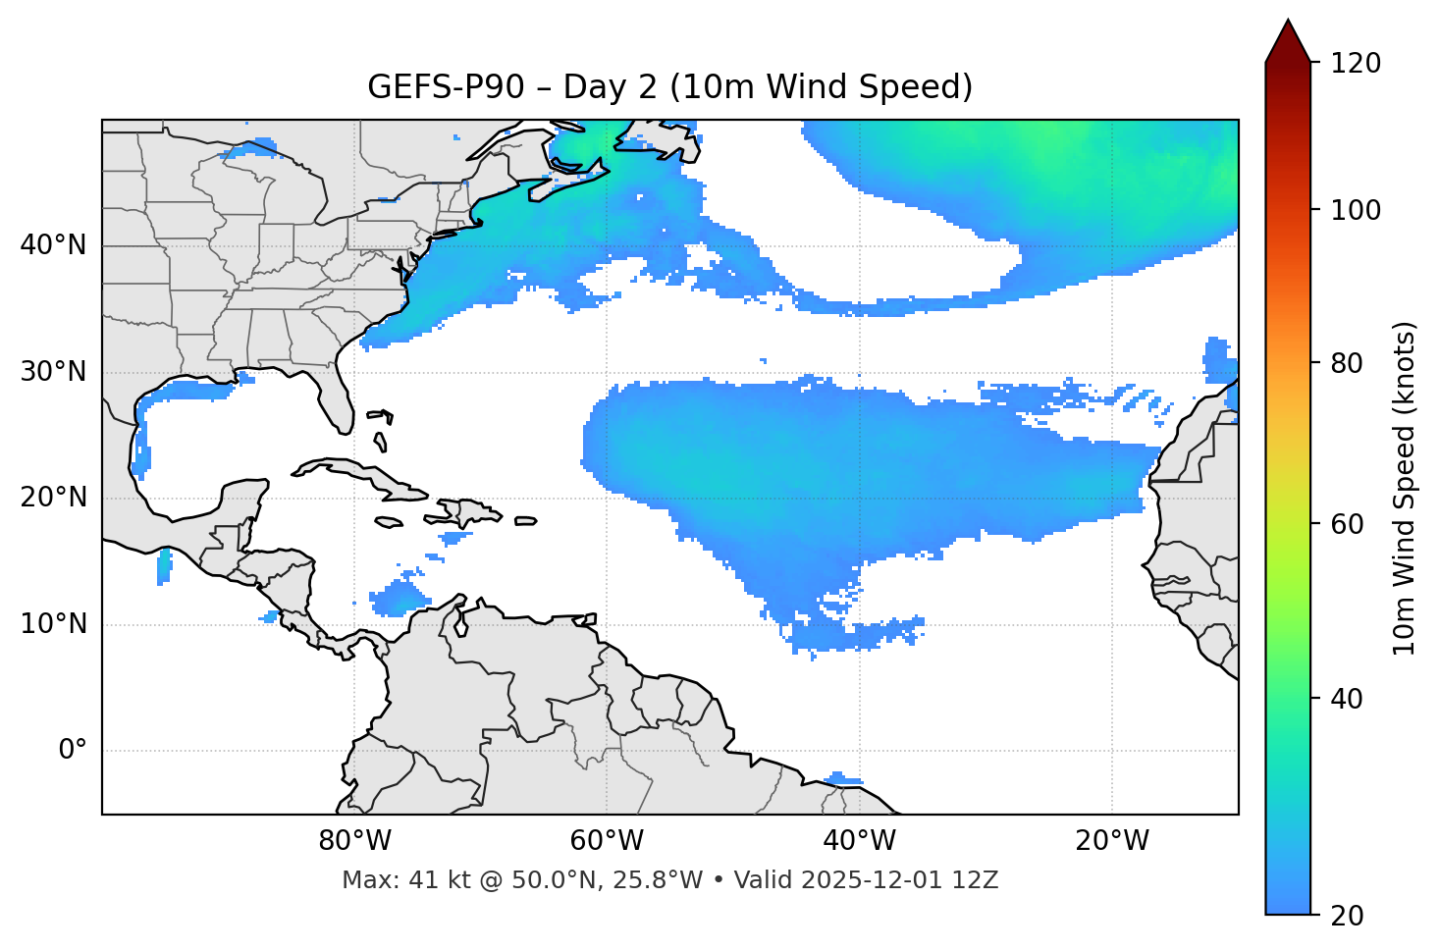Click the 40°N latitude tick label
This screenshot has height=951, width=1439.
coord(53,245)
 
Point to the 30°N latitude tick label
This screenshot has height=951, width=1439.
coord(53,372)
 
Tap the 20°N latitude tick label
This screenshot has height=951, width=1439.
coord(53,498)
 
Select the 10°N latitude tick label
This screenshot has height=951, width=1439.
coord(53,624)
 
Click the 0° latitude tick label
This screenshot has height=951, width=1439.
coord(72,751)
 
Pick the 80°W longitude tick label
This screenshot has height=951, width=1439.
coord(354,841)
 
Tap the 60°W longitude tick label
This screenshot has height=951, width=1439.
coord(607,841)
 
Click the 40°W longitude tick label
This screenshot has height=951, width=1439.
coord(859,841)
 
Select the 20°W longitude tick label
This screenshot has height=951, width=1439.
coord(1111,841)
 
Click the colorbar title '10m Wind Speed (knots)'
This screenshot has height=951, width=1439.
coord(1405,488)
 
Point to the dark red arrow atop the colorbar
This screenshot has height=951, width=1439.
coord(1288,42)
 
